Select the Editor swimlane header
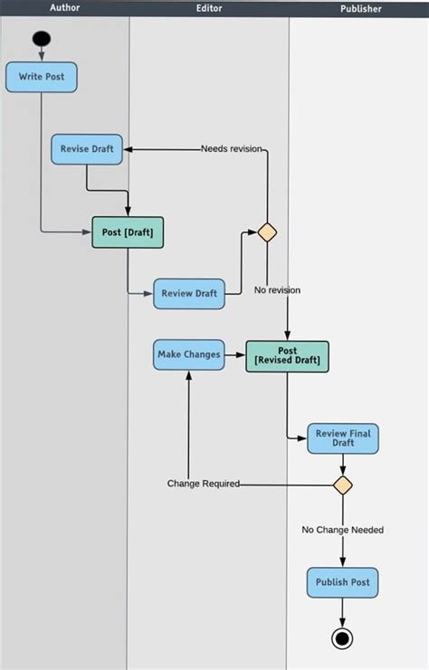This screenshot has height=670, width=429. [x=209, y=8]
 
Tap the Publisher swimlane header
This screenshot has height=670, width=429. [x=360, y=9]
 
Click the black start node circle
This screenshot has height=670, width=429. [x=42, y=39]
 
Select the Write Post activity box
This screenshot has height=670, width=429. [x=42, y=77]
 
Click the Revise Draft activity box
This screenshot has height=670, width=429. [x=87, y=149]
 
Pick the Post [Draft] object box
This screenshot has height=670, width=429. [x=128, y=232]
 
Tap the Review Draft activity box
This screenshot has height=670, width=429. [x=188, y=294]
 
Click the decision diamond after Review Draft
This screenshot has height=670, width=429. [x=267, y=232]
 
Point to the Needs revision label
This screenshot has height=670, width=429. [x=232, y=149]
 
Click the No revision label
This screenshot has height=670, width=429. [x=277, y=290]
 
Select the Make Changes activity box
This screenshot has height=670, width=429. [x=188, y=354]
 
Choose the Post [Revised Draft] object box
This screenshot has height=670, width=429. [x=287, y=355]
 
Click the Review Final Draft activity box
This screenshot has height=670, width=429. [x=342, y=439]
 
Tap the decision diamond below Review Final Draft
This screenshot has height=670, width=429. [x=342, y=485]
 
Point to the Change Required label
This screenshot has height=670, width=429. [x=203, y=484]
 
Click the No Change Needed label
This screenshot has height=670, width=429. [x=342, y=530]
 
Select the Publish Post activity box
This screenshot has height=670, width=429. [x=342, y=582]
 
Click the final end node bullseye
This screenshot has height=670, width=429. [x=342, y=638]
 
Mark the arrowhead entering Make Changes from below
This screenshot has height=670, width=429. [x=188, y=374]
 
